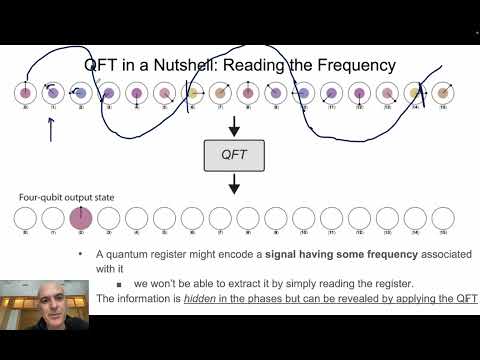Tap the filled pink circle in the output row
pyautogui.click(x=80, y=217)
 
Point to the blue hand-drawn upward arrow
pyautogui.click(x=51, y=130)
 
